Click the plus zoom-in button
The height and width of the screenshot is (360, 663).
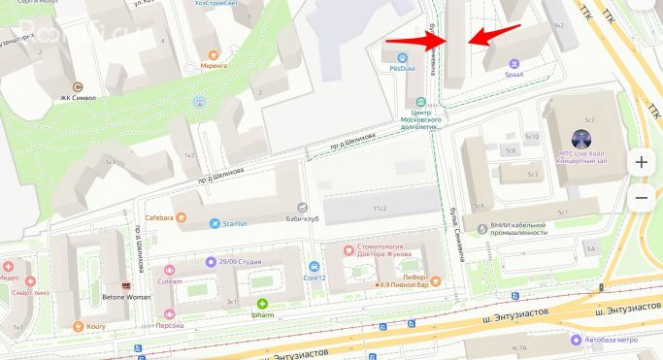tap(641, 163)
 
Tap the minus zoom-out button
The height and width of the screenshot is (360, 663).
tap(641, 198)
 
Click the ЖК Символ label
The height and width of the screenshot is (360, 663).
tap(78, 98)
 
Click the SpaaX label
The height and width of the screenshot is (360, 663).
tap(514, 74)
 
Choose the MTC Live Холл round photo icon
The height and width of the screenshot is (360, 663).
tap(581, 137)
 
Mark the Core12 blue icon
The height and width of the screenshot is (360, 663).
tap(314, 267)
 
